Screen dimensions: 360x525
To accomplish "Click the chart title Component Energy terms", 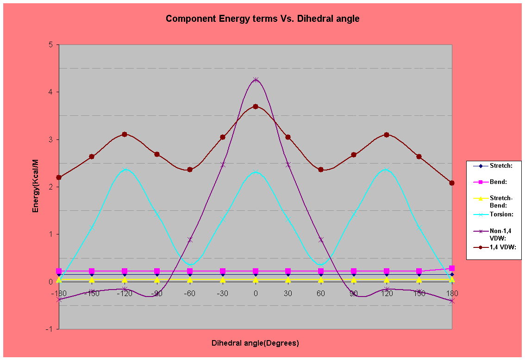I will (262, 19).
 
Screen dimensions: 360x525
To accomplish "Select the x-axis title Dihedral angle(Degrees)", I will (255, 343).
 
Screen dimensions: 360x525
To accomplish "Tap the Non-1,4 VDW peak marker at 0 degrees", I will (256, 80).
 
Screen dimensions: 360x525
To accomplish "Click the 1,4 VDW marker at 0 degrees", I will (256, 107).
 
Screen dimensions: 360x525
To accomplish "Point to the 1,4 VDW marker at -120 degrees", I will (125, 134).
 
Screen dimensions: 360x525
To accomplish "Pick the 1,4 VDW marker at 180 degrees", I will (452, 183).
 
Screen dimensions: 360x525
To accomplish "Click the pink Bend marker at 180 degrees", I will (452, 268).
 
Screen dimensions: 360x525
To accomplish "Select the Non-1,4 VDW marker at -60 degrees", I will (190, 240).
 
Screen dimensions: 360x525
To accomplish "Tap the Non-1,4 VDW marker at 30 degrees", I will (288, 164).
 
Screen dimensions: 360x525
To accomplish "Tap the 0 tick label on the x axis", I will (256, 293).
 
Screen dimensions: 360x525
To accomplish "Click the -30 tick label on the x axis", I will (223, 293).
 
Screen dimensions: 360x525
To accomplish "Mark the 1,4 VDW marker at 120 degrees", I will (387, 134).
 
